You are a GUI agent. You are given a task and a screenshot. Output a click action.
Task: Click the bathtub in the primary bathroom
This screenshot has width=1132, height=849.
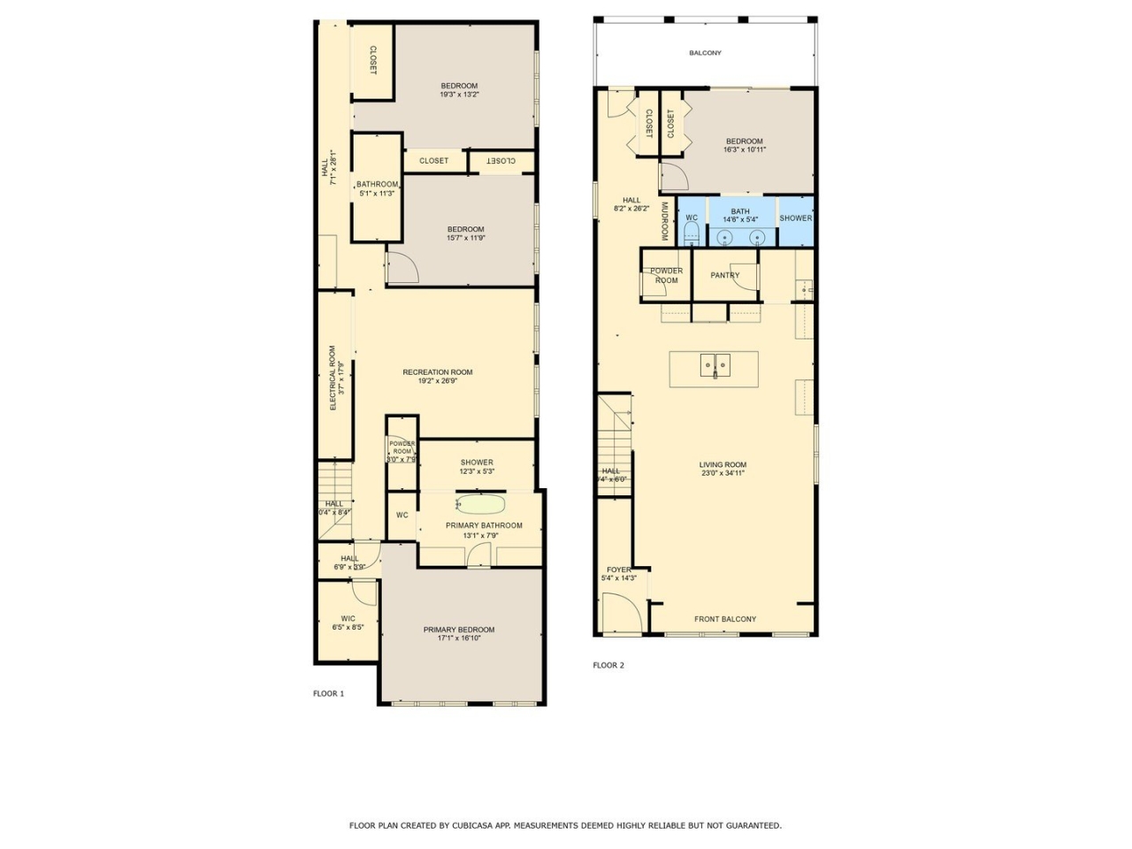pos(480,505)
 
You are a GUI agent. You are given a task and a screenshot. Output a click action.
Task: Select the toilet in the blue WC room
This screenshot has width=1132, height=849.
pos(692,233)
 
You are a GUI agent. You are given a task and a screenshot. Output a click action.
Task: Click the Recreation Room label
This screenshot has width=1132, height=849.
pos(437,372)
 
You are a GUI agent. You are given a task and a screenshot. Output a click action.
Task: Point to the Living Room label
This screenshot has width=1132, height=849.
pos(723,464)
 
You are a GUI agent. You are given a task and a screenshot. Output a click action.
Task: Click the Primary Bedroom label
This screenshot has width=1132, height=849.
pos(458,630)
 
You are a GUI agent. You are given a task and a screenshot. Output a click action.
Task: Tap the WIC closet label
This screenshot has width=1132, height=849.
pos(348,619)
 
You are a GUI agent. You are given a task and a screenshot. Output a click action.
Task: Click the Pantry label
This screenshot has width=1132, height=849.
pos(724,275)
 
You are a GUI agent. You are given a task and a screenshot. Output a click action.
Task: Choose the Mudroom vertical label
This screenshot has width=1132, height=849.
pos(664,221)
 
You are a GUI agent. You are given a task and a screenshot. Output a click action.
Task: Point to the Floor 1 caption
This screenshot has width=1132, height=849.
pos(328,693)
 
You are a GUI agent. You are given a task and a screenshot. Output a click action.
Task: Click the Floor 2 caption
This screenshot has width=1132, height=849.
pos(608,665)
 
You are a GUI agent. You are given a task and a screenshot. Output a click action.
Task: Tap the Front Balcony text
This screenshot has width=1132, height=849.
pos(724,619)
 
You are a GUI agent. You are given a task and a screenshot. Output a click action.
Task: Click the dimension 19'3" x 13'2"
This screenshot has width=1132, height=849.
pos(459,95)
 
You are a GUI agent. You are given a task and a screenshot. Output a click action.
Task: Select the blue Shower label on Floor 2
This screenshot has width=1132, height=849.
pos(795,218)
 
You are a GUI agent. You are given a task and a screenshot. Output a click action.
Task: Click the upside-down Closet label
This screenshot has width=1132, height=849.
pos(501,161)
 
